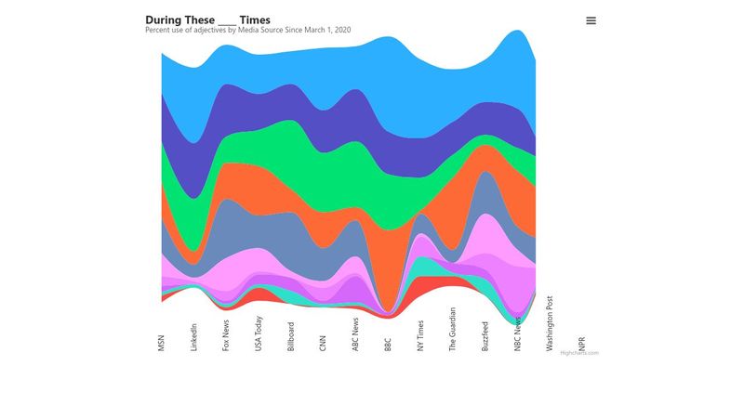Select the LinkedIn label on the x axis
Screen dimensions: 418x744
click(193, 335)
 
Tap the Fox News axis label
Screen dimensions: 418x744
click(226, 335)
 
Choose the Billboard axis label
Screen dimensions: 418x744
click(291, 335)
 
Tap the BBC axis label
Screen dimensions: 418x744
click(388, 343)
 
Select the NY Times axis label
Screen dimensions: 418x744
click(420, 335)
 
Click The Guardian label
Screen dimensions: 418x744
click(453, 329)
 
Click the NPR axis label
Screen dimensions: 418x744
click(582, 343)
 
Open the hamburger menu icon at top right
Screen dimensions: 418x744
click(591, 20)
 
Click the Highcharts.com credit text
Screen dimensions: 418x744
click(578, 353)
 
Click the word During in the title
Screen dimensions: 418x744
click(164, 20)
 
